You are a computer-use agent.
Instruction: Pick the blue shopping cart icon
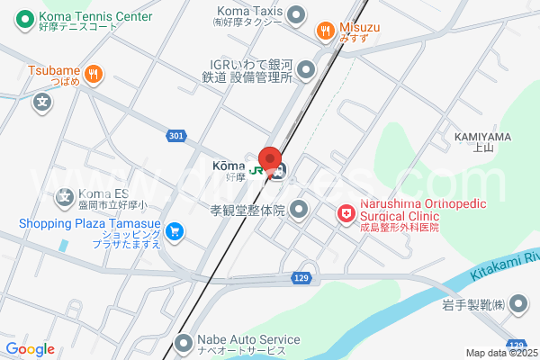[x=175, y=231]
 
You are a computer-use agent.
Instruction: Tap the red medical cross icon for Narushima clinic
[x=345, y=213]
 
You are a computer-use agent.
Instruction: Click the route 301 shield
[x=176, y=136]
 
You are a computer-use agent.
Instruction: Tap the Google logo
[x=30, y=349]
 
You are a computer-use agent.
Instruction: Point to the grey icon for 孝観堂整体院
[x=300, y=211]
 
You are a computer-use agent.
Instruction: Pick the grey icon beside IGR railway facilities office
[x=307, y=68]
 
